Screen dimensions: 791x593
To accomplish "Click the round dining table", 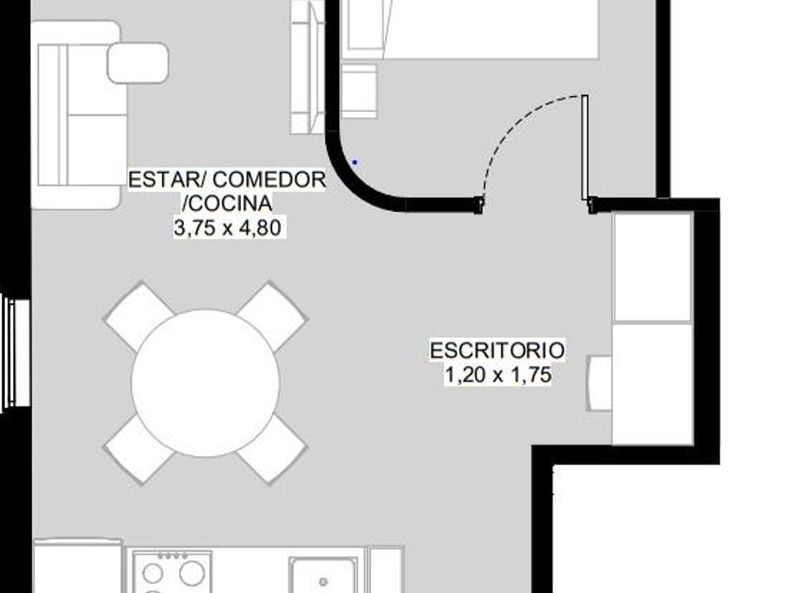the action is coord(205,383).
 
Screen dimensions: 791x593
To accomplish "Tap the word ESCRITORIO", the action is coord(497,350).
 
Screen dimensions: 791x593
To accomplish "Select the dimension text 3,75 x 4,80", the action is coord(228,228).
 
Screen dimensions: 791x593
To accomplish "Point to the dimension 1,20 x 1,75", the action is coord(497,376).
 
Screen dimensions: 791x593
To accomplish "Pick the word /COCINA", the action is coord(227,203).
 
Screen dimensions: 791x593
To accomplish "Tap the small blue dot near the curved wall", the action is coord(355,162).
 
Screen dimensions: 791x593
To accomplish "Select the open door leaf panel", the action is coord(585,147).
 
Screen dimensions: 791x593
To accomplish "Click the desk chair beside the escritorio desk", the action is coord(599,383).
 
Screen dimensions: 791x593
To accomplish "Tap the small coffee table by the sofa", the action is coord(137,63).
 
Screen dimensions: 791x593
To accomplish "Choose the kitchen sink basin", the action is coord(323,575).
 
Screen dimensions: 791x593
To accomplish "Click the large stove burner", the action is coord(192,573).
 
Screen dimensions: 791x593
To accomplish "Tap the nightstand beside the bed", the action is coord(359,90).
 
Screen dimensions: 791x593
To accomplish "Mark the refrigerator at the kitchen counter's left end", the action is coord(78,566).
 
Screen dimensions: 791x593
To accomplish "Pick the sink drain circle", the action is coord(323,582).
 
